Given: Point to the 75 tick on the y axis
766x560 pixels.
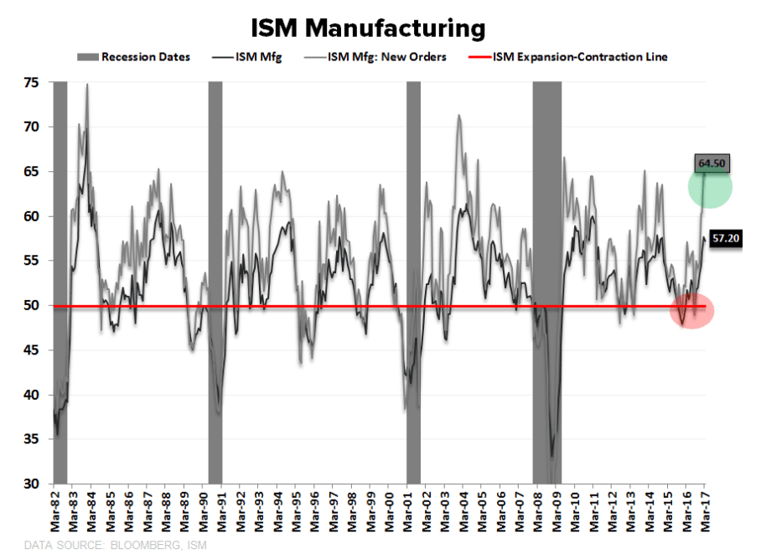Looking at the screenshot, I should (33, 82).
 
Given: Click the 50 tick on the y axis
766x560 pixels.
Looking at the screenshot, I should (33, 306).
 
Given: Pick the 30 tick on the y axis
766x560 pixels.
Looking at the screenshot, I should (33, 485).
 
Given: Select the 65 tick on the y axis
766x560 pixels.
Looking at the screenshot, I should (33, 172).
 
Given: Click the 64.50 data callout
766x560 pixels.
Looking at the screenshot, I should (712, 163).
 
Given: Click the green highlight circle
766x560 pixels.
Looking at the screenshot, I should (711, 188).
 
